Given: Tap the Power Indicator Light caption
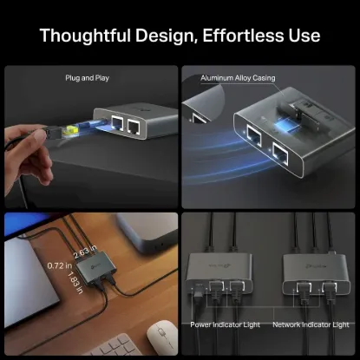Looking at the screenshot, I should point(225,324).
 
